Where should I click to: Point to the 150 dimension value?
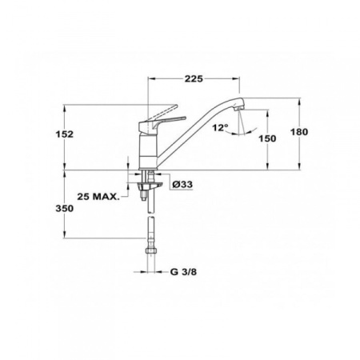click(x=268, y=138)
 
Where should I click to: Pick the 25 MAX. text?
click(x=99, y=196)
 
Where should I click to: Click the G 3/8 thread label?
click(x=182, y=271)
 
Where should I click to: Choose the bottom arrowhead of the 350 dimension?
click(x=66, y=238)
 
